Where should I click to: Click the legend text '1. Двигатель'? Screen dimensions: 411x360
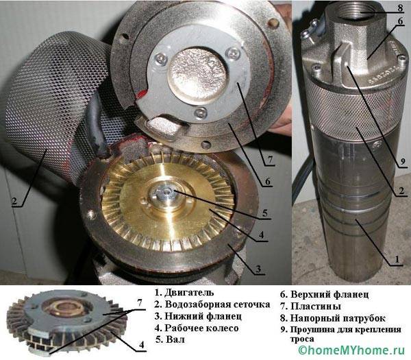[184, 293]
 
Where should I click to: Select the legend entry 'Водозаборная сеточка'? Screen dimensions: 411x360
[212, 304]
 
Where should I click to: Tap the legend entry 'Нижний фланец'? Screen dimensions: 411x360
[198, 316]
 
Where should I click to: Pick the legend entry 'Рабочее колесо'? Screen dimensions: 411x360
[197, 328]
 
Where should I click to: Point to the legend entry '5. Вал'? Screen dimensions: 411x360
[170, 339]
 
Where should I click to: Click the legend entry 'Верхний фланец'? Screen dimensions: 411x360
[325, 294]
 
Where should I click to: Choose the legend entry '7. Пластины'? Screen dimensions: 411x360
[310, 307]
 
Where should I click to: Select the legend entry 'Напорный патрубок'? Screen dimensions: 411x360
[333, 318]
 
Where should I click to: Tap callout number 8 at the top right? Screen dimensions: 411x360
[400, 8]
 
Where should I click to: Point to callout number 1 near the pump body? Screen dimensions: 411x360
[397, 259]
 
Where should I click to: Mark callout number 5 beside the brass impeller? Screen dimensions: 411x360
[265, 213]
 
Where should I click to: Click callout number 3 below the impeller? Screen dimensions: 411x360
[258, 269]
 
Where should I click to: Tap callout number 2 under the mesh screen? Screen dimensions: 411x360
[14, 201]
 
